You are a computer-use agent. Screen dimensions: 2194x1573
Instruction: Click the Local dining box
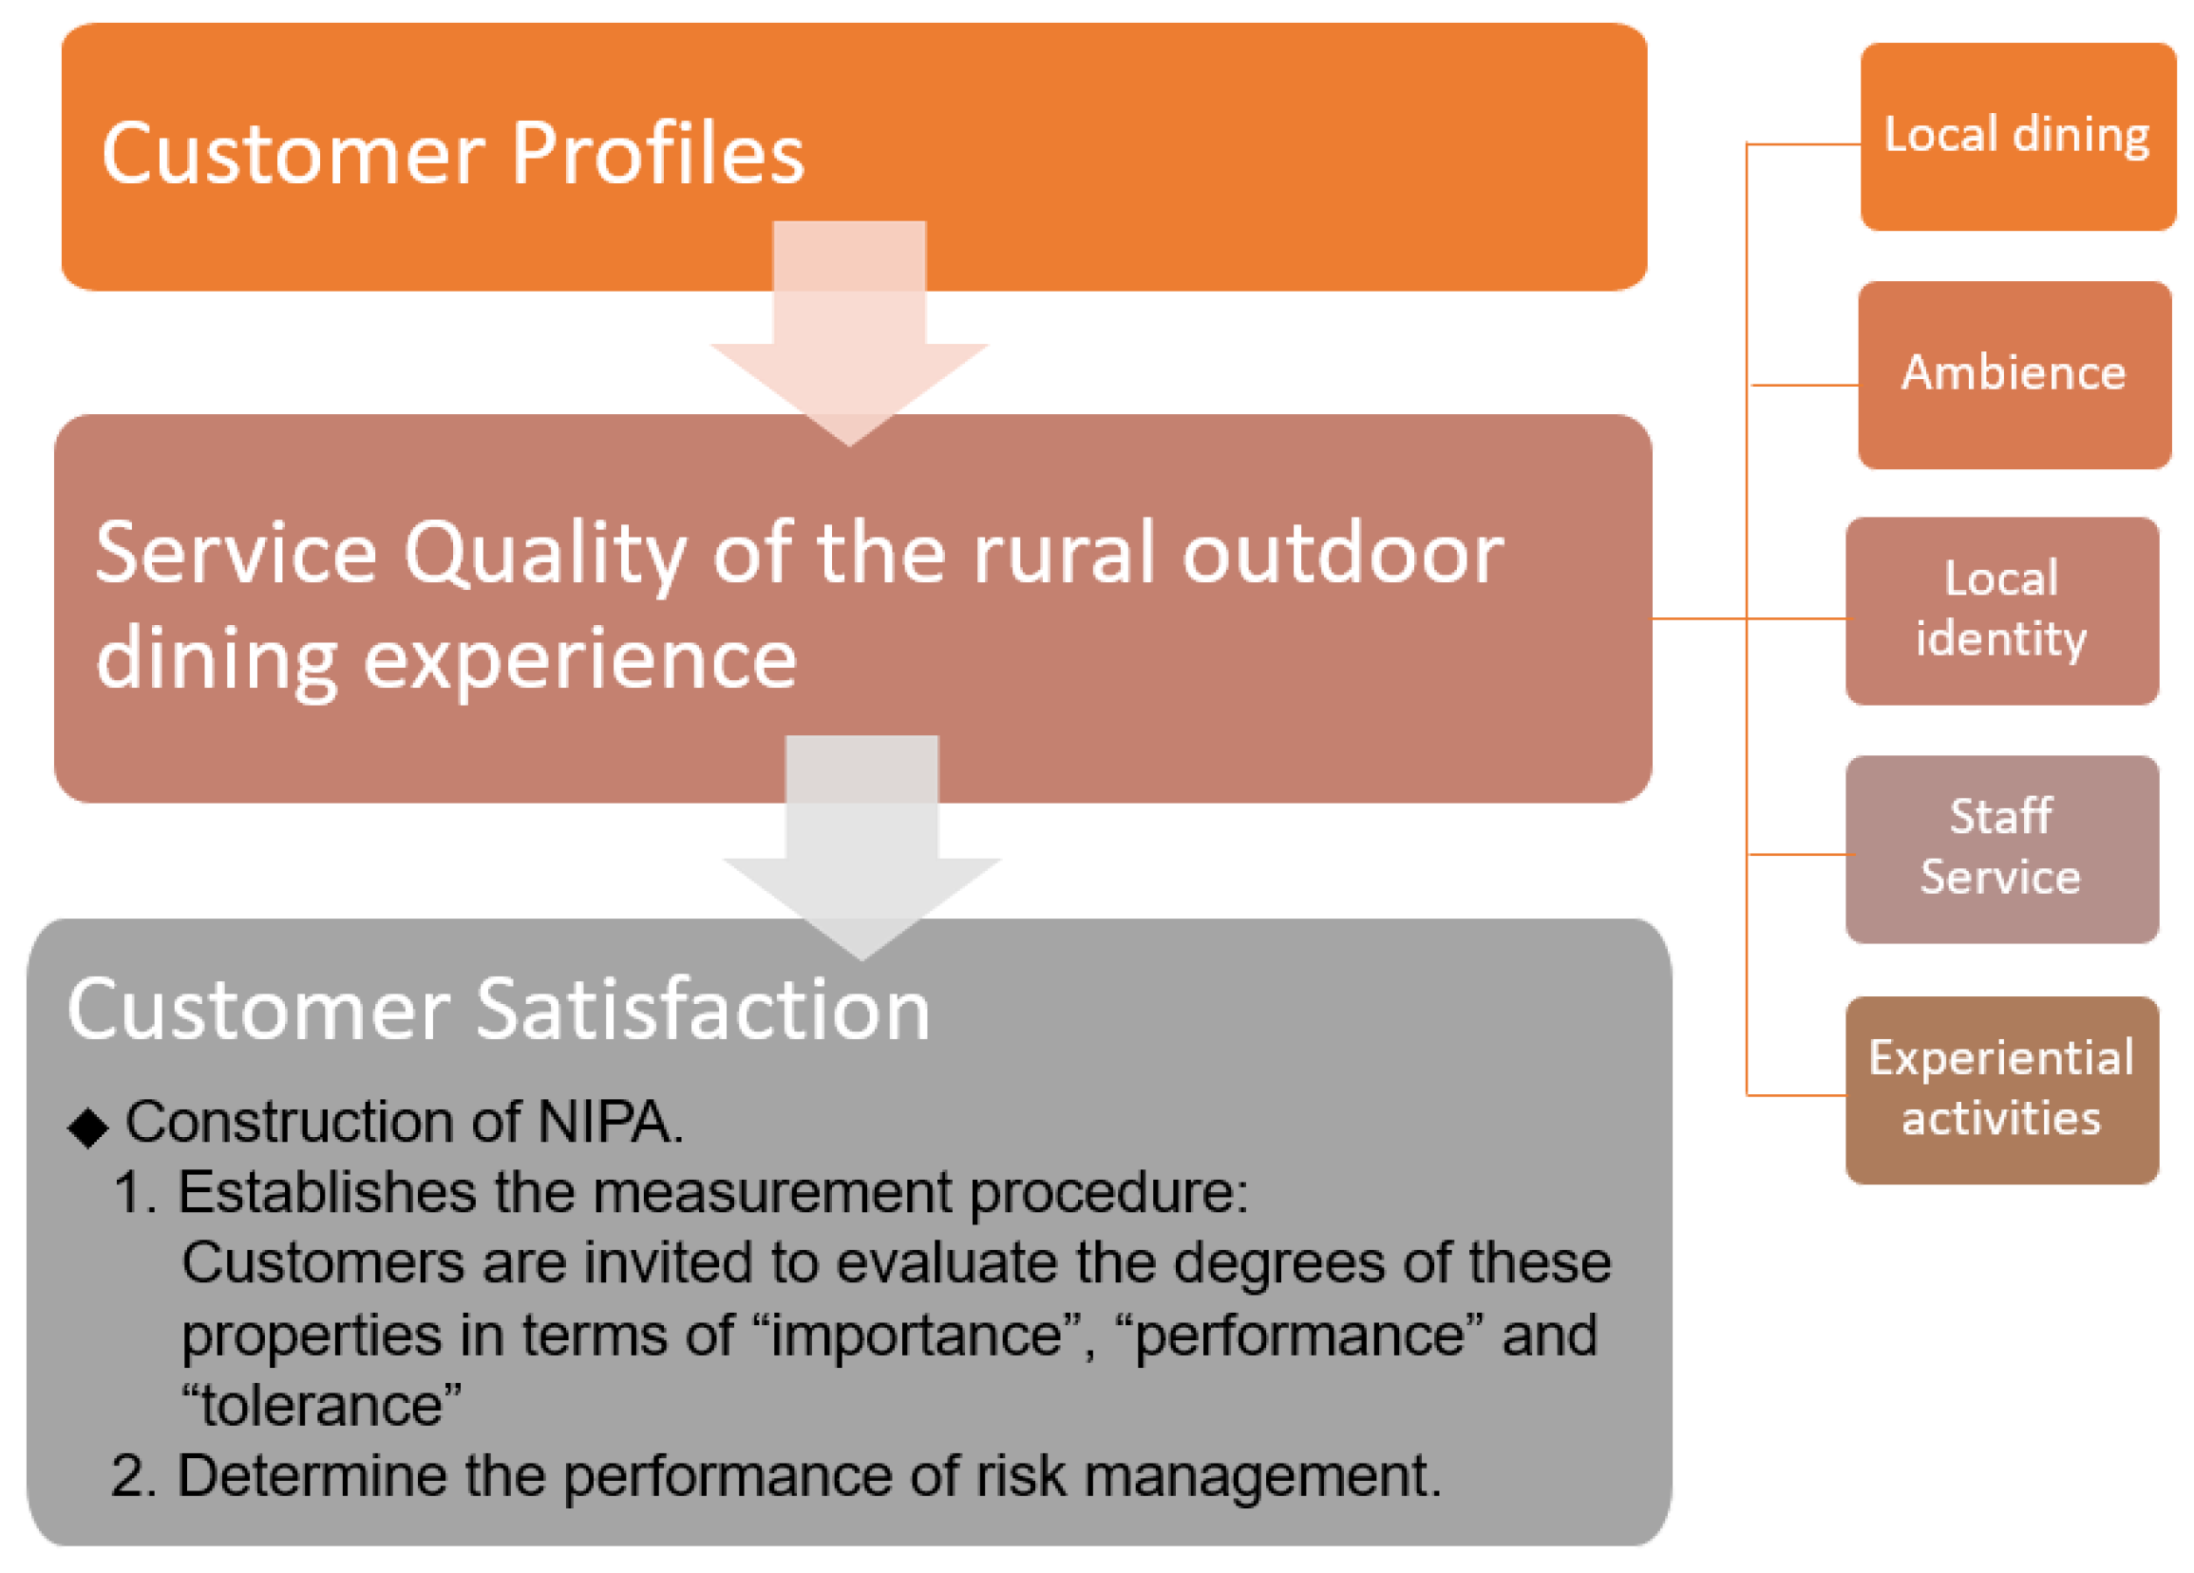[2017, 137]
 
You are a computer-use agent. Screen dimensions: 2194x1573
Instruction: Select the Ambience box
[2014, 375]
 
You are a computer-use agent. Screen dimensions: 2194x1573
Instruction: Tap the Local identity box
[2001, 612]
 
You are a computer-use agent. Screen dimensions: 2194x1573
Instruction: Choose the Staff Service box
[2001, 849]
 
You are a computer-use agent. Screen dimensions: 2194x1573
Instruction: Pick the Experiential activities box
[2001, 1090]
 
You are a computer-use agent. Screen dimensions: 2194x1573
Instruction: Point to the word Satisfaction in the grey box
[703, 1009]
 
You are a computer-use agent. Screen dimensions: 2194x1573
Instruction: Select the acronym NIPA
[610, 1122]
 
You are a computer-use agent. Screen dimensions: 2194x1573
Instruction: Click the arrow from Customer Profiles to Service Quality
[849, 333]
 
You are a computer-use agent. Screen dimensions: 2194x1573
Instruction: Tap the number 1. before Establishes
[135, 1193]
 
